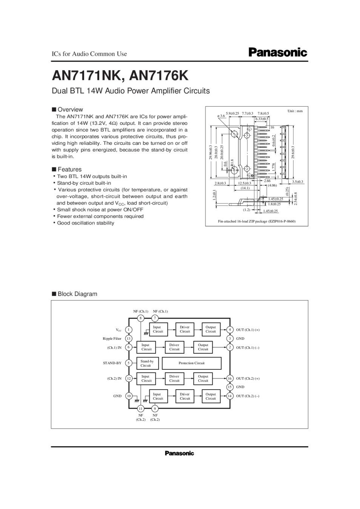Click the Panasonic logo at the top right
278,52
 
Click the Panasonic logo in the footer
179,453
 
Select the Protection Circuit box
191,363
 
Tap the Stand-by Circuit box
147,363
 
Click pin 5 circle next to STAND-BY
128,363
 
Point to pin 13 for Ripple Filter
128,339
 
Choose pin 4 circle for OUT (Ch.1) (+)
230,330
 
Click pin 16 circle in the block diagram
230,378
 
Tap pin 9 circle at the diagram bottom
155,409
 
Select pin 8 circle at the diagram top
140,318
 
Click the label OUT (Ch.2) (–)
248,396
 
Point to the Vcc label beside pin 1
118,330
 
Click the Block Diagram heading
75,294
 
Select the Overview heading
68,109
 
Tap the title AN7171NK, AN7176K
120,76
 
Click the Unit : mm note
295,111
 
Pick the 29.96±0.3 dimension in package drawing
211,152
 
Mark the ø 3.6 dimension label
221,116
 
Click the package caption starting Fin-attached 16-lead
257,221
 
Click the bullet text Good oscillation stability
86,223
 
